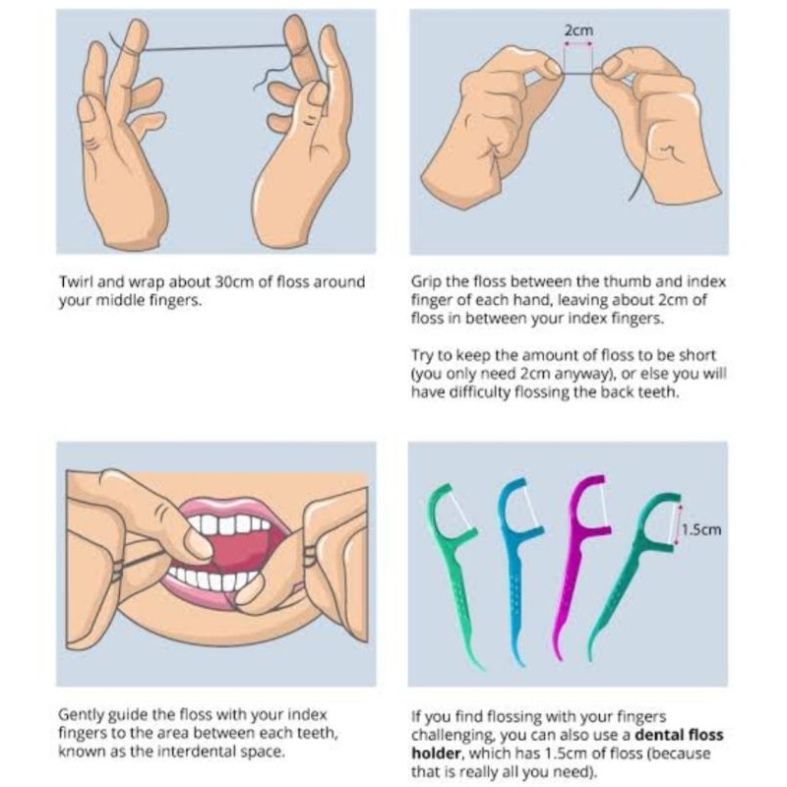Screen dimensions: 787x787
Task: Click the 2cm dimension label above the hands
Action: point(578,30)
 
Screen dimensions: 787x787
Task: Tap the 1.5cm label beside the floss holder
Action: point(701,529)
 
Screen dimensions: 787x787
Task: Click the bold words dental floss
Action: point(679,735)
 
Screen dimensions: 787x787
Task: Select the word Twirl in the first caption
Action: point(76,282)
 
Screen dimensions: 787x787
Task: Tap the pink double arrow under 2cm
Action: point(578,44)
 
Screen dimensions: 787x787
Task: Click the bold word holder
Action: point(436,754)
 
